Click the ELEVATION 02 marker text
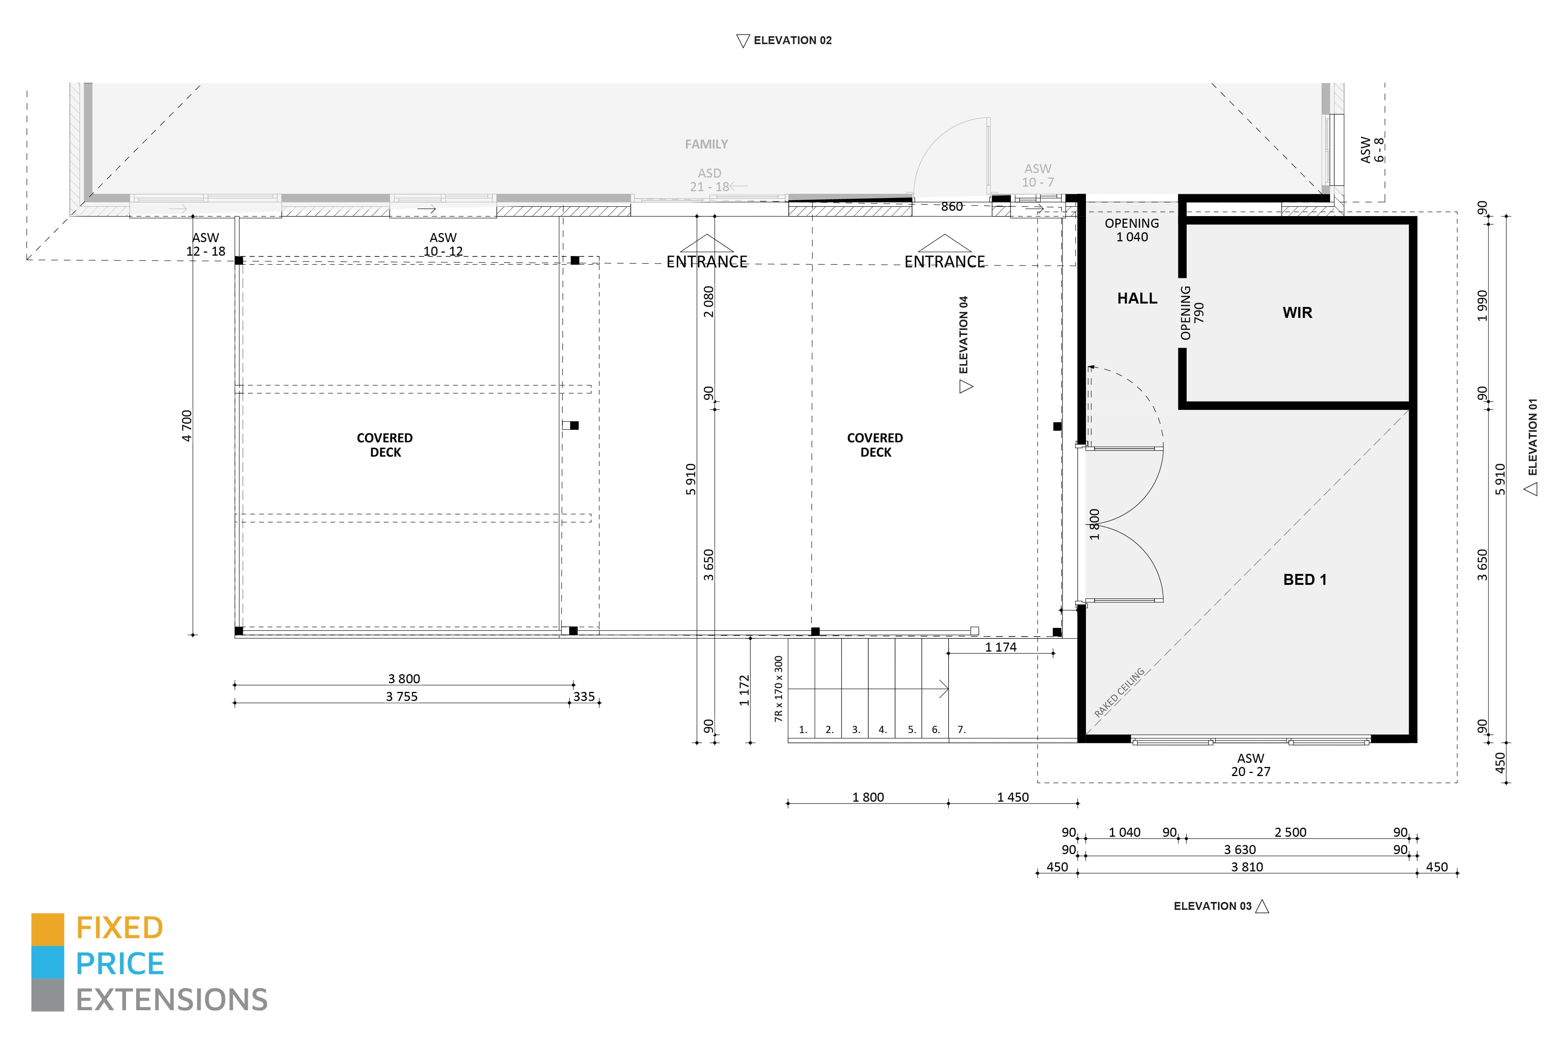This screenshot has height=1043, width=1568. point(792,41)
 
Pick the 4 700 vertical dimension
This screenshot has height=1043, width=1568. point(187,426)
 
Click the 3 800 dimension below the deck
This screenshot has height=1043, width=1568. point(404,678)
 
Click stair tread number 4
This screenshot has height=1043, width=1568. point(882,730)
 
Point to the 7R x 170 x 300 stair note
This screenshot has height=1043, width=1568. point(779,689)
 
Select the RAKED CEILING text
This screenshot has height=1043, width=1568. point(1119,692)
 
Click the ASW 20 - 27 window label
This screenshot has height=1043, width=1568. point(1250,765)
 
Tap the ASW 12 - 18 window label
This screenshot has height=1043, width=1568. point(206,244)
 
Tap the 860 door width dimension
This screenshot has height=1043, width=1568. point(951,207)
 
